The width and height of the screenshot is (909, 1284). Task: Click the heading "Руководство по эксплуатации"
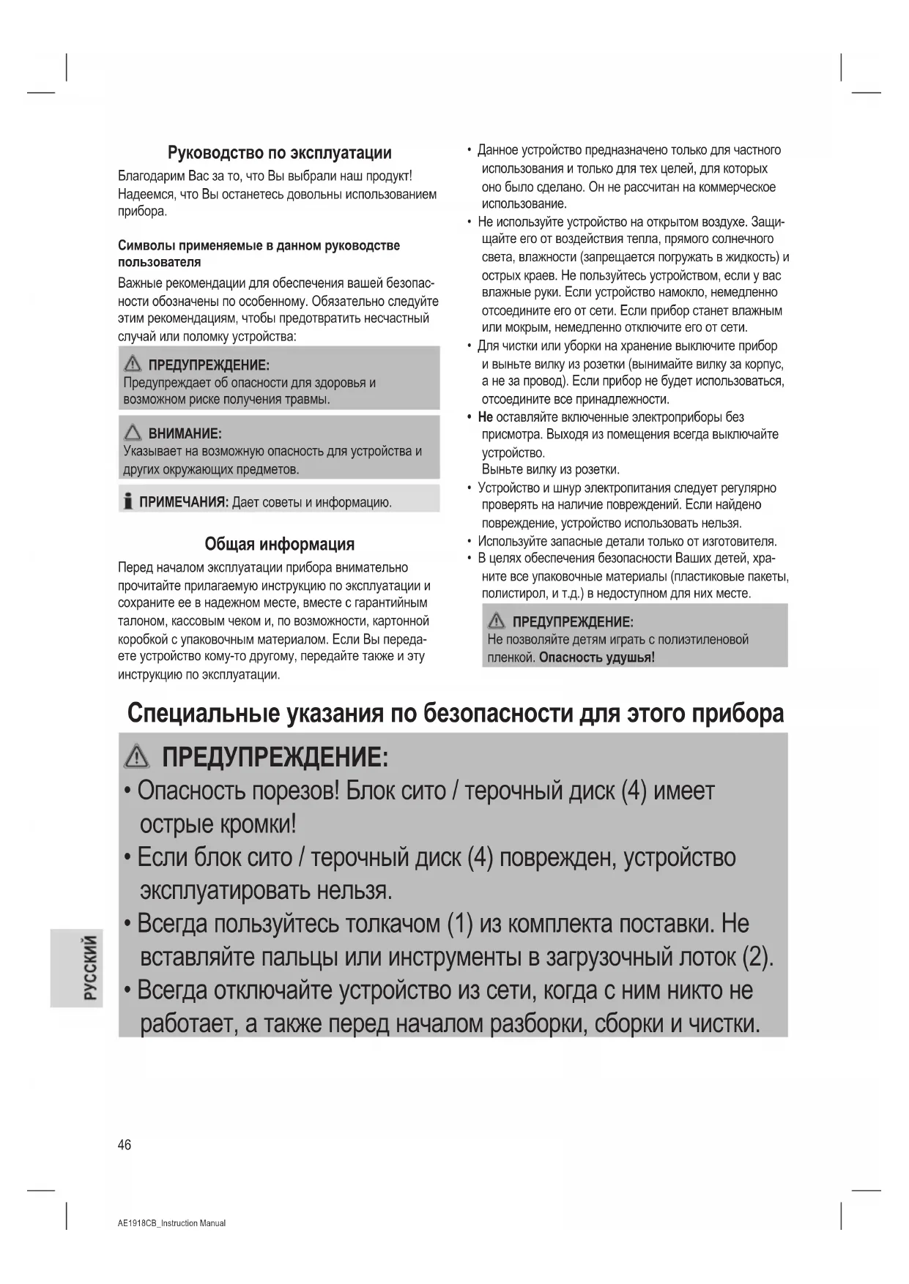(279, 153)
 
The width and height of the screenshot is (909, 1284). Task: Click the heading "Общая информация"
(279, 544)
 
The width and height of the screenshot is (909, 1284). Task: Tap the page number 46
(125, 1145)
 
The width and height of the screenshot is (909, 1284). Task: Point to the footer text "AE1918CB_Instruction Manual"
(171, 1223)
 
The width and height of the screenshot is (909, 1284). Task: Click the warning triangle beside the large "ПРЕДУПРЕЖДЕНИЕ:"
(137, 756)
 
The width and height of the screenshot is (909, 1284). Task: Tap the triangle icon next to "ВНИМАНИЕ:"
(133, 433)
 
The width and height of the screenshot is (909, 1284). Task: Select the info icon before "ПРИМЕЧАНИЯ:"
(128, 501)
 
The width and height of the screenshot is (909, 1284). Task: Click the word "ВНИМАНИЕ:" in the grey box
(185, 433)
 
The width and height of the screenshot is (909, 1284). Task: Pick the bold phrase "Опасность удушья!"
(596, 657)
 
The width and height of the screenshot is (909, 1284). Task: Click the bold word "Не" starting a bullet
(485, 417)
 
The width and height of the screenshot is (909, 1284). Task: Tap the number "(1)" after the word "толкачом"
(460, 924)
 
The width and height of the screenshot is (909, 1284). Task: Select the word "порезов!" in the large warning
(295, 791)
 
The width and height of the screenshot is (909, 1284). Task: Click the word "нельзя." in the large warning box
(355, 890)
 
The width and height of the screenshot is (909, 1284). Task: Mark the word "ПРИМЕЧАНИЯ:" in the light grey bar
(184, 502)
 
